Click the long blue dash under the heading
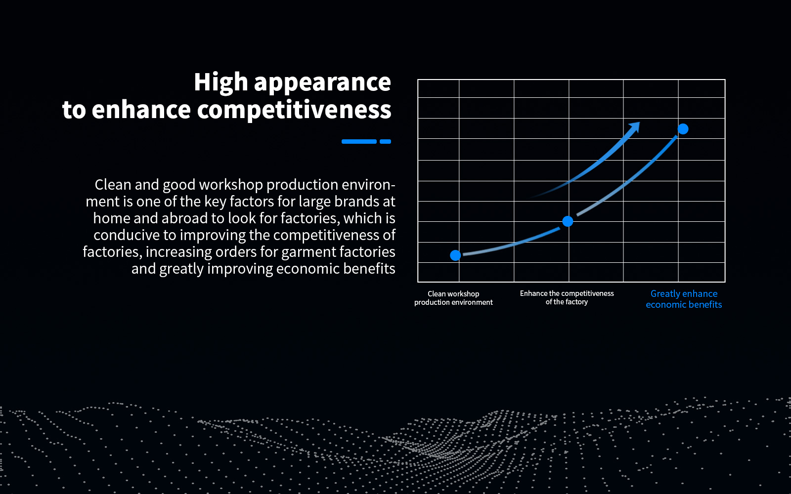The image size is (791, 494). click(x=359, y=141)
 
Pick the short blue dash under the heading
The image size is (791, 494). click(x=385, y=141)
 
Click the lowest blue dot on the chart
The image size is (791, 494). click(x=455, y=255)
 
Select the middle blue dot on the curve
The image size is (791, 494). click(x=568, y=221)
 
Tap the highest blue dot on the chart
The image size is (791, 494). click(x=683, y=129)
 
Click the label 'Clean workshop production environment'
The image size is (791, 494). click(x=453, y=298)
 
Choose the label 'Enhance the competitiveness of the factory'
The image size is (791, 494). click(x=567, y=298)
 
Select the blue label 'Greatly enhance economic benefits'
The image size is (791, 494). click(x=684, y=299)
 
